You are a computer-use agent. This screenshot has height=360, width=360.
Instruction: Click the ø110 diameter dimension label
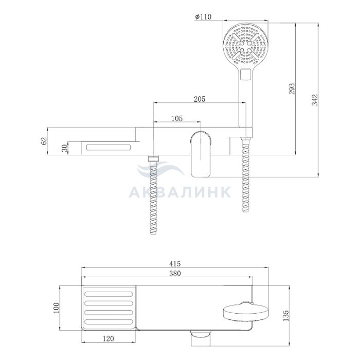click(203, 17)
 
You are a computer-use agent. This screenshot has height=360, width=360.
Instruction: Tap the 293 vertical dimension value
click(292, 88)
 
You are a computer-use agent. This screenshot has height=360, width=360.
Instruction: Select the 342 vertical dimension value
click(315, 100)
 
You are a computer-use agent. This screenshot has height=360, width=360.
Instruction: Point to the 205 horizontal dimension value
click(200, 99)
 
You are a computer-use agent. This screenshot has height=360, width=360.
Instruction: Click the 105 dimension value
click(177, 118)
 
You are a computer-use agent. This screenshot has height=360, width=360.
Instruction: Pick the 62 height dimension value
click(44, 140)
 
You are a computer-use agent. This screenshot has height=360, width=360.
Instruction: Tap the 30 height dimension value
click(65, 148)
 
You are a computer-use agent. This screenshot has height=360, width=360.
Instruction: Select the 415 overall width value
click(175, 263)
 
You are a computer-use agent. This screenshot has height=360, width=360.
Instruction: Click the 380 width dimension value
click(175, 274)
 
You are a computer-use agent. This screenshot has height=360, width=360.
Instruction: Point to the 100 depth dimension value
click(56, 308)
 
